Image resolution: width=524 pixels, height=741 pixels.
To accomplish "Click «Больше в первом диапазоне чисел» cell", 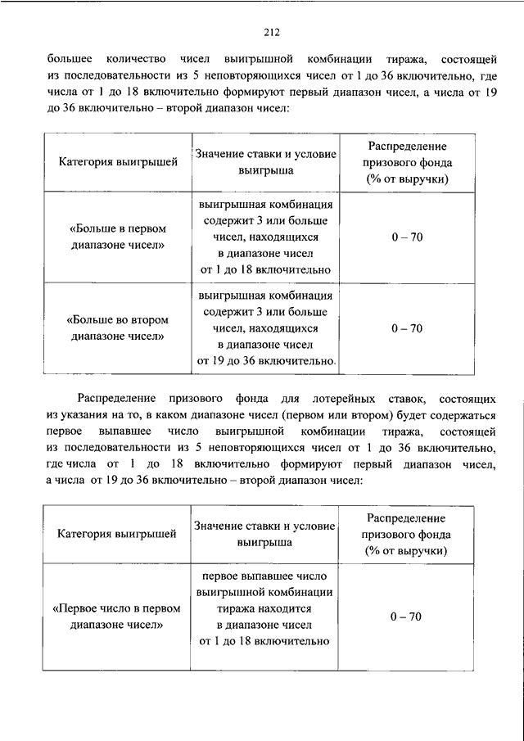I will coord(118,236).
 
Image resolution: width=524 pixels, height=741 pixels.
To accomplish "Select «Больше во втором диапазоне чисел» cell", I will coord(118,328).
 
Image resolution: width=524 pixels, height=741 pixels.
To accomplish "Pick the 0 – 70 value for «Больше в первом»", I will coord(406,237).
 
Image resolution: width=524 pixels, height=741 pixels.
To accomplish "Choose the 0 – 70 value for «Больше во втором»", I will coord(406,328).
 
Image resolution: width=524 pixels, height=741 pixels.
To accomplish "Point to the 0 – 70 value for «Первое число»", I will coord(406,616).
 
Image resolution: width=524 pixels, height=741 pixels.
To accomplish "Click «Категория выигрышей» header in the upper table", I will coord(118,162).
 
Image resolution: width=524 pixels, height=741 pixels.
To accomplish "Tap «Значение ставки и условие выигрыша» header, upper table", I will coord(265,163).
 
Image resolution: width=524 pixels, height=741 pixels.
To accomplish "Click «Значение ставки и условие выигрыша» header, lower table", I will coord(265,534).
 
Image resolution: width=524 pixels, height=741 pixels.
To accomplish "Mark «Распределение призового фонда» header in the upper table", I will coord(406,162).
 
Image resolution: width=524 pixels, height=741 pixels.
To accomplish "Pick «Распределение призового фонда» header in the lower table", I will coord(406,534).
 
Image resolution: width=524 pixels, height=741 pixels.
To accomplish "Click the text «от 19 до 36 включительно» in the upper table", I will coord(265,360).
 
